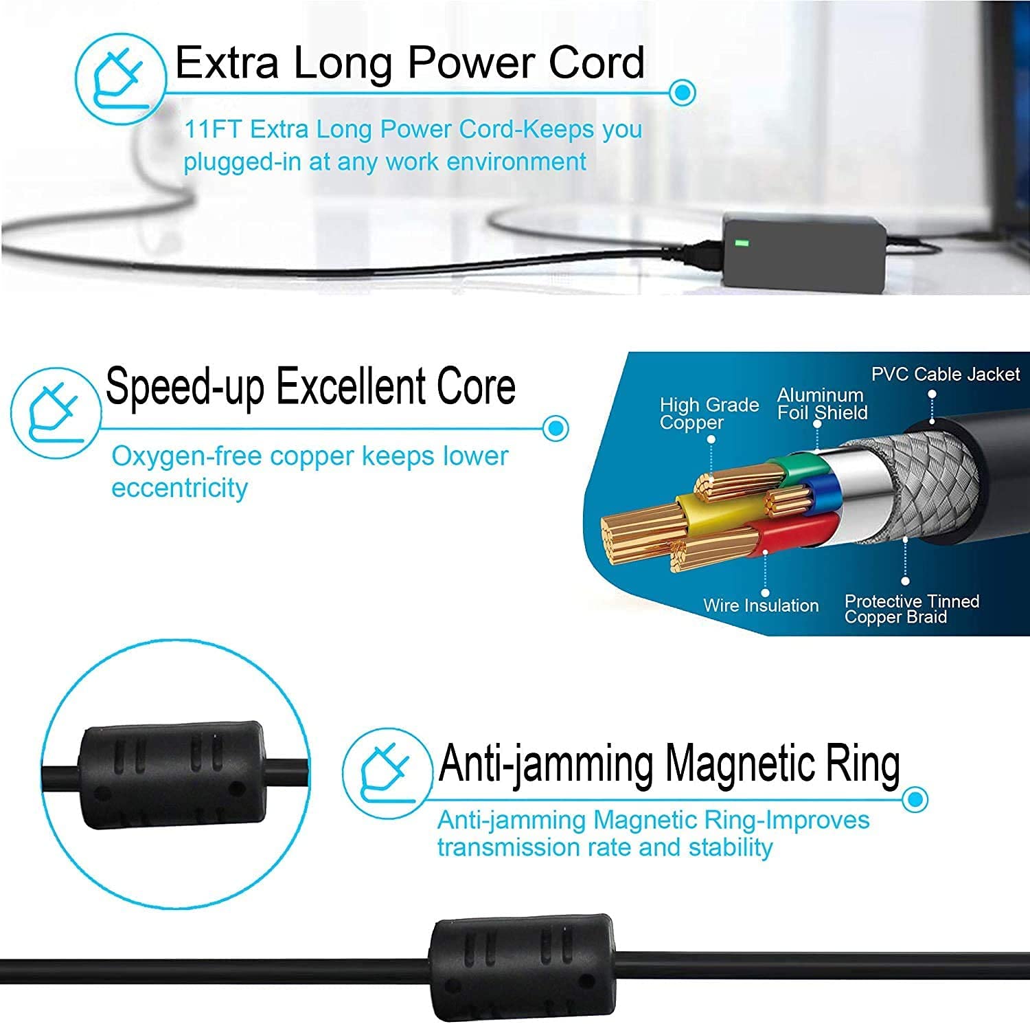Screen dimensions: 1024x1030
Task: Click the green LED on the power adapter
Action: pos(742,243)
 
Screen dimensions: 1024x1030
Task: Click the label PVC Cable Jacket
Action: pos(946,375)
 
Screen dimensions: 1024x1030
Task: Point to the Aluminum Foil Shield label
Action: pos(822,404)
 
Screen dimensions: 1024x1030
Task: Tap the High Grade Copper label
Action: pos(709,413)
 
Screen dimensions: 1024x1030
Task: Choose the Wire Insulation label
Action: pos(761,605)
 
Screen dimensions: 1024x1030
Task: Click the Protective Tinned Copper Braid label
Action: pos(911,609)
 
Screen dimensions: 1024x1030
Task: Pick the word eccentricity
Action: pos(179,488)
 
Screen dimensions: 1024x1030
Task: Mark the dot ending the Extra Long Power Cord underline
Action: pos(682,92)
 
